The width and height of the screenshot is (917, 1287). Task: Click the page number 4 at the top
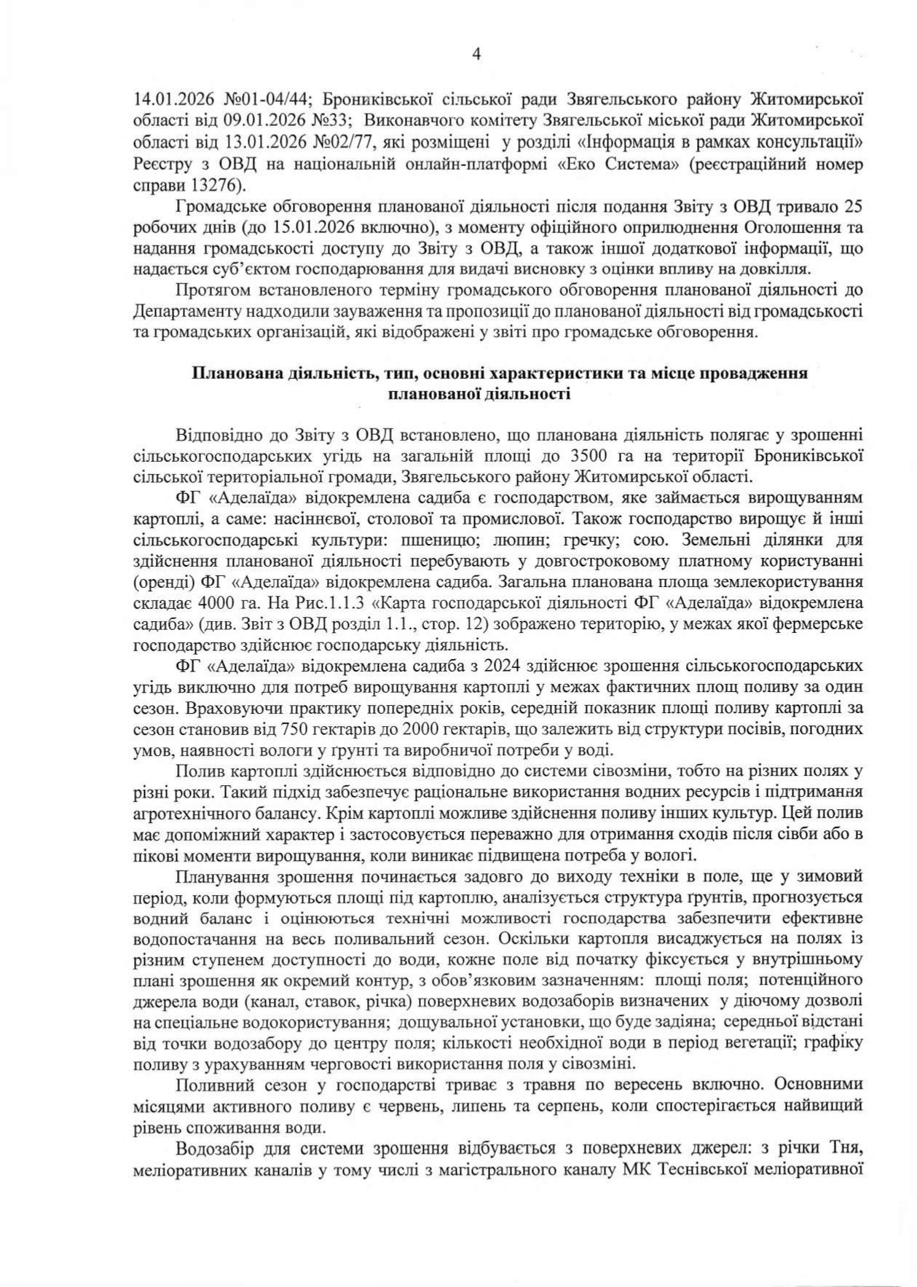pos(477,55)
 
